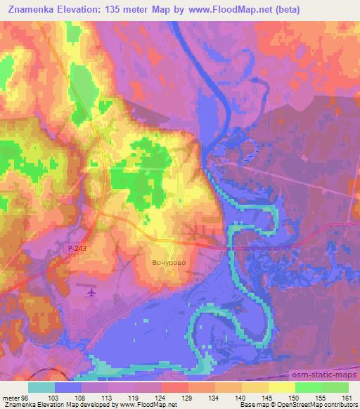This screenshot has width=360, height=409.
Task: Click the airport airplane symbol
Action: point(89,292)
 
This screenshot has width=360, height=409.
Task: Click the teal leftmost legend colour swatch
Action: point(41,387)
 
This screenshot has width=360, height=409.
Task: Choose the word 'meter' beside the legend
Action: point(10,398)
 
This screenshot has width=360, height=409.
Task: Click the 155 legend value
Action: point(320,398)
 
